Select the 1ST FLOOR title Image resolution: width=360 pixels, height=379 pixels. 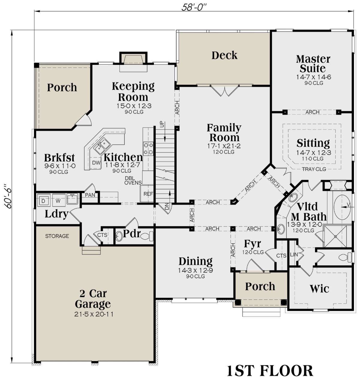click(x=270, y=371)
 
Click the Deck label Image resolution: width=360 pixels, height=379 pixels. click(x=224, y=55)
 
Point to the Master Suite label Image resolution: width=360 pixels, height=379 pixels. click(x=313, y=64)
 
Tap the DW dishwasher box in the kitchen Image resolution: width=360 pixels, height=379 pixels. click(x=96, y=163)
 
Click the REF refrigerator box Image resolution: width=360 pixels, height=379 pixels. click(x=148, y=194)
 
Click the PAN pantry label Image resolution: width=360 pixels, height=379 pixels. click(x=90, y=195)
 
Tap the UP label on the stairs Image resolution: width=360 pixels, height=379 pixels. click(x=161, y=124)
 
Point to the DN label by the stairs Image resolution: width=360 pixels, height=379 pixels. click(x=167, y=206)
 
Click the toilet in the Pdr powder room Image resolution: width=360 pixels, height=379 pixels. click(x=147, y=236)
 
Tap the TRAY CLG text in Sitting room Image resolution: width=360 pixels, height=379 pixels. click(x=314, y=169)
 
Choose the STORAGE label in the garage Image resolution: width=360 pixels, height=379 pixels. click(x=57, y=236)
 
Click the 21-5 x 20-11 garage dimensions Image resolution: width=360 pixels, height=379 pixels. click(x=94, y=314)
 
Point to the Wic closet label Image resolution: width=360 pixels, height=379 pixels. click(x=319, y=288)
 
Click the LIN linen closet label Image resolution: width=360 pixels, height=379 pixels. click(x=294, y=255)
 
